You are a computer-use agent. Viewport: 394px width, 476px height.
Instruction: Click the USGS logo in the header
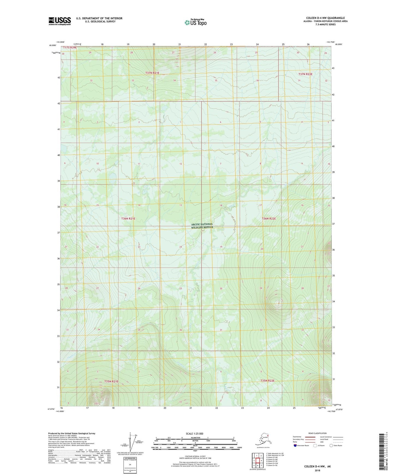tap(60, 21)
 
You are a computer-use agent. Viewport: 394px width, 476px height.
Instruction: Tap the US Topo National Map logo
tap(195, 22)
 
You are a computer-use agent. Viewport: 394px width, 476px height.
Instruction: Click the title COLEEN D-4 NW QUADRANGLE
tap(325, 18)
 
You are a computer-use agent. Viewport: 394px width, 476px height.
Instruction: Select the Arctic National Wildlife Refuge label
tap(202, 226)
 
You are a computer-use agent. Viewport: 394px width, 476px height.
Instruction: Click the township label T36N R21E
tap(128, 219)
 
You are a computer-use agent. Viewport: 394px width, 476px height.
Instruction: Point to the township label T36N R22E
tap(269, 219)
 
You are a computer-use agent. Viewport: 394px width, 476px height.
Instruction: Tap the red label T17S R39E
tap(70, 47)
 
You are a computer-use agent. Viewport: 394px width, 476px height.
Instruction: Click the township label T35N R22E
tap(267, 381)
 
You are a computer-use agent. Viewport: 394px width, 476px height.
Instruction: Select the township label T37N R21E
tap(152, 73)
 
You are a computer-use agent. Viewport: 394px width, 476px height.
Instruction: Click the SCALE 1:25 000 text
tap(195, 434)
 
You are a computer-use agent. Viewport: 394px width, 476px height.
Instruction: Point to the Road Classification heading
tap(317, 433)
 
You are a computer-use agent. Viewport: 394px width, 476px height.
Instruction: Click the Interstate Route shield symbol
tap(295, 445)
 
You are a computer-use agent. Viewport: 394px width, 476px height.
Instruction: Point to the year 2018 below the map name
tap(317, 470)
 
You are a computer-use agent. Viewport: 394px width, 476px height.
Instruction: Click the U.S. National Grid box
tap(130, 465)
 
